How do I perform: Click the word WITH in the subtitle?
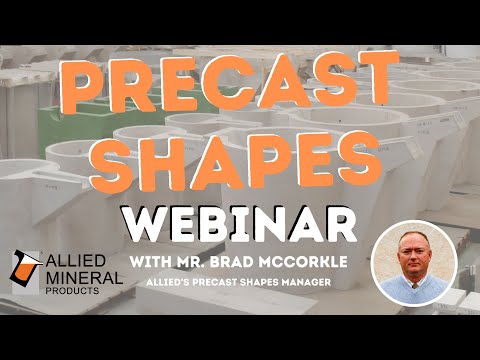(152, 262)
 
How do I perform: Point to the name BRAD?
(232, 262)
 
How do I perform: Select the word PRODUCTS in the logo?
(83, 290)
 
